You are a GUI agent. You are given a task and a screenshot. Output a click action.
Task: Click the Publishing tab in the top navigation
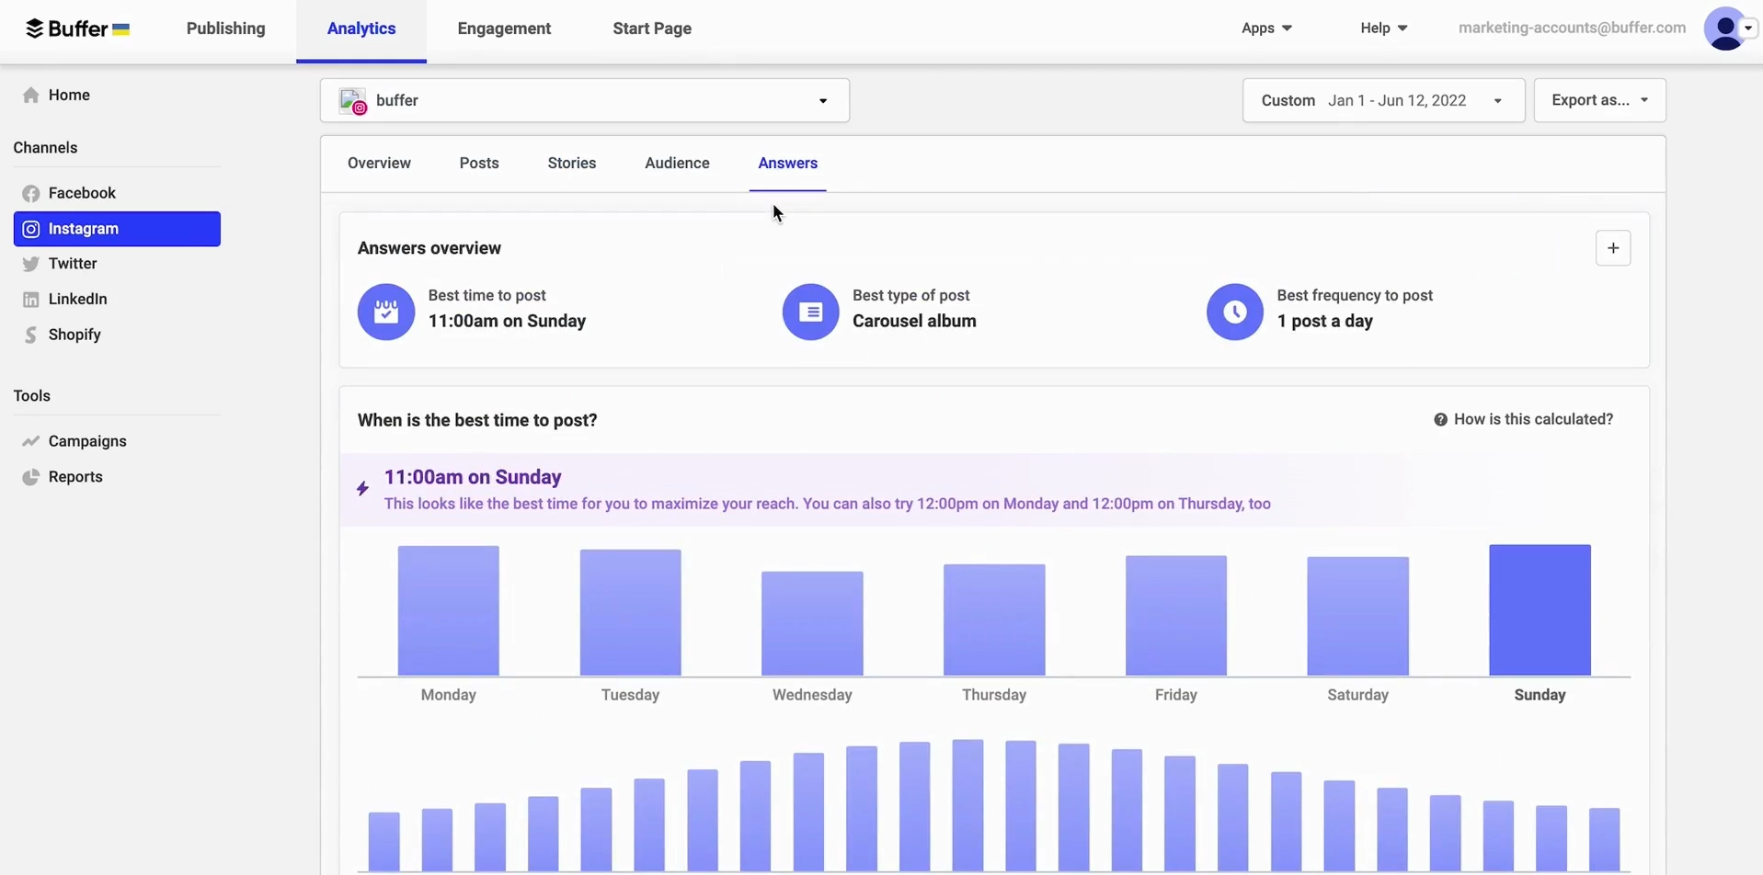(225, 28)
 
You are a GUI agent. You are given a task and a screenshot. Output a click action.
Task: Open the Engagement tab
(504, 28)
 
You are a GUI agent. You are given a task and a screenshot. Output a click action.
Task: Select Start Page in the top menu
(652, 28)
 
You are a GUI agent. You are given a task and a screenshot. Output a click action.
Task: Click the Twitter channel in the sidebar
(73, 264)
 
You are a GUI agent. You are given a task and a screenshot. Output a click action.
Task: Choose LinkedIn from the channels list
(77, 300)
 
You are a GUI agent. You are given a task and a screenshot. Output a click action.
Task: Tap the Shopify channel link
(74, 335)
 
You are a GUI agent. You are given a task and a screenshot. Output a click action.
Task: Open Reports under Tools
(75, 477)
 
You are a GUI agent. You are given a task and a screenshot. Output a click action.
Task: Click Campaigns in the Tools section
(87, 441)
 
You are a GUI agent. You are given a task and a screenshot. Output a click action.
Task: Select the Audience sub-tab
(677, 164)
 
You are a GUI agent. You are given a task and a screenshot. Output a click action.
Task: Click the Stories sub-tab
(572, 164)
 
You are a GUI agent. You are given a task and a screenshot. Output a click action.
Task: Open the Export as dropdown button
(1599, 100)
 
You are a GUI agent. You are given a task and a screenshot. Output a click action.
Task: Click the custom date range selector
(1383, 100)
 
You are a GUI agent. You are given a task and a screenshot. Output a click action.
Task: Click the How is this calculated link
(1523, 420)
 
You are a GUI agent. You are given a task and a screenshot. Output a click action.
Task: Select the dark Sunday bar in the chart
(1540, 610)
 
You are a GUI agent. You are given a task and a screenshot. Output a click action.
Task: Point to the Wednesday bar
(812, 624)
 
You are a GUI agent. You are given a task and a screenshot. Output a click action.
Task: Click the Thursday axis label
(994, 696)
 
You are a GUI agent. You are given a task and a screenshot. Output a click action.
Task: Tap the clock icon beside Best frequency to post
(1234, 312)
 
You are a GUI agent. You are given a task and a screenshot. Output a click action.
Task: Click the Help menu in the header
(1383, 28)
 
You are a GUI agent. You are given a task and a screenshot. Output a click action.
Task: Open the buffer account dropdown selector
(585, 100)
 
